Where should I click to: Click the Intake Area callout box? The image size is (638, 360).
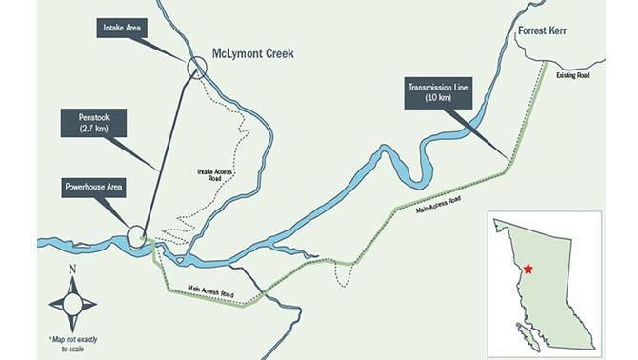[x=122, y=30]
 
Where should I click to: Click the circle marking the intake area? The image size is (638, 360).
[x=197, y=67]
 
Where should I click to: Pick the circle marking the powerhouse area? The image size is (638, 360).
[x=135, y=233]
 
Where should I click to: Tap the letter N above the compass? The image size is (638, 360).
[x=72, y=271]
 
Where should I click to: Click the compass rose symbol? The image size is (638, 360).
[x=72, y=305]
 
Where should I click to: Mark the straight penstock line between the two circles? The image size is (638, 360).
[x=167, y=150]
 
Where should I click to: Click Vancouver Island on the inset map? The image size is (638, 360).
[x=525, y=334]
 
